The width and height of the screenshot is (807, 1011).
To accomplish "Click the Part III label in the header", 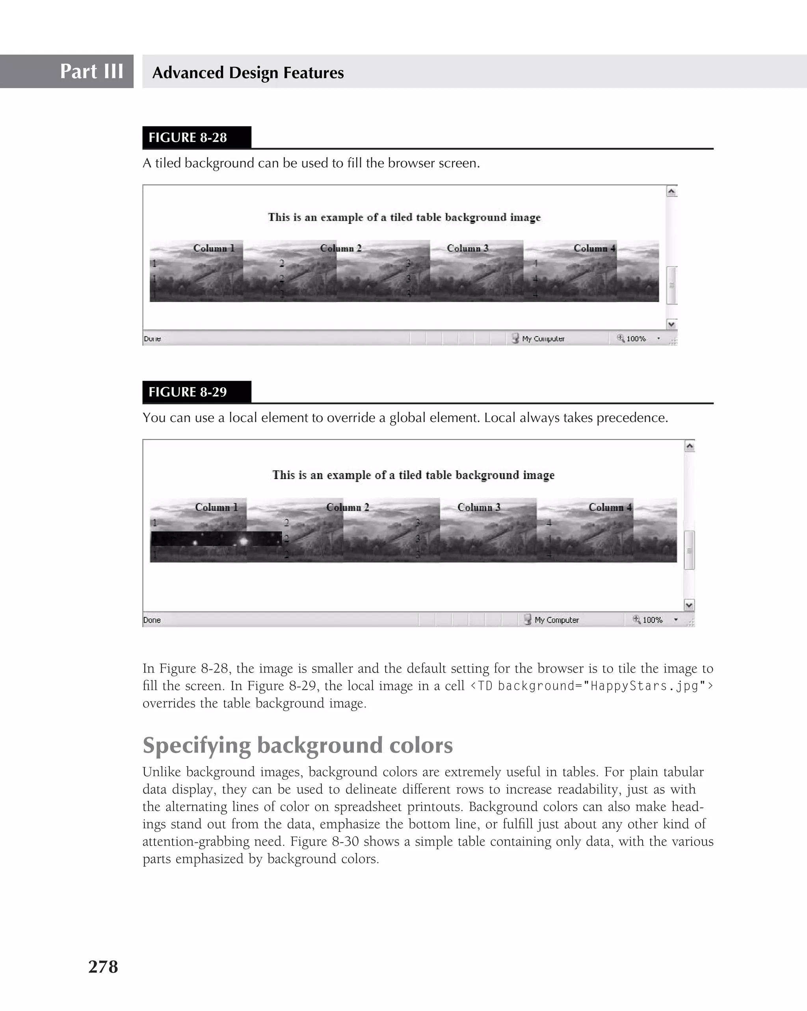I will [x=91, y=71].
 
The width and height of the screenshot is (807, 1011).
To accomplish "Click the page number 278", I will [x=103, y=966].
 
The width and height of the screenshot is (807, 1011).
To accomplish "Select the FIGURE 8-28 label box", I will [x=197, y=138].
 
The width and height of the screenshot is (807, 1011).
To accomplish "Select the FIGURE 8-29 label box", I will [x=197, y=392].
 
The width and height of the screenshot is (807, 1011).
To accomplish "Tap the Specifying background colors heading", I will [x=297, y=745].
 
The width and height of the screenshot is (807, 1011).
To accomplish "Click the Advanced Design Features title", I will [x=248, y=72].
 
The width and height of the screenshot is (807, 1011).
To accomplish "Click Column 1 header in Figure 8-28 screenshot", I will [x=214, y=248].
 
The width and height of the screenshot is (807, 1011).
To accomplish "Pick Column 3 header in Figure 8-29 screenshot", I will [x=479, y=507].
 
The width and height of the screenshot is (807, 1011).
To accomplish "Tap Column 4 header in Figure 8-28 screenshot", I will [x=594, y=248].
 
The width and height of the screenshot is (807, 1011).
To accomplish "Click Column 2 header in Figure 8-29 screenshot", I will [x=348, y=507].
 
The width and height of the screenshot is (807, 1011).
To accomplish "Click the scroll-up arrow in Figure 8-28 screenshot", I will [x=671, y=191].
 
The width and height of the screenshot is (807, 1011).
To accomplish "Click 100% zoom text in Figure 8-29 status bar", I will [x=652, y=620].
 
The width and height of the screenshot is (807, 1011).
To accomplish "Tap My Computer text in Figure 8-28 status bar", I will [x=543, y=338].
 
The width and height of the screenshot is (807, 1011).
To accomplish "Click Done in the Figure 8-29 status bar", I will [x=152, y=620].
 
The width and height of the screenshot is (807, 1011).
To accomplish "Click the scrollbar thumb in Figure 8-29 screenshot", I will [x=689, y=550].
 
